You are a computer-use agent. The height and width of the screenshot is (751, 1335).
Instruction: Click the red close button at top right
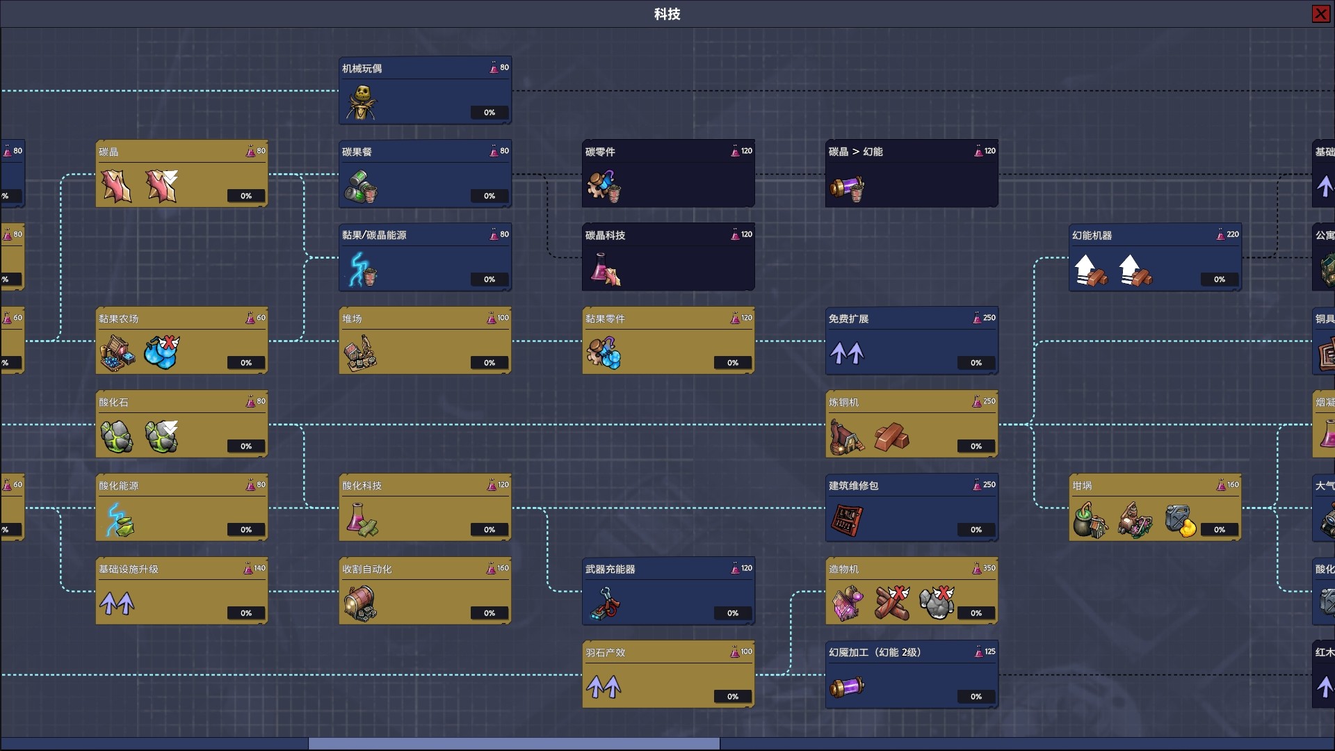pyautogui.click(x=1320, y=14)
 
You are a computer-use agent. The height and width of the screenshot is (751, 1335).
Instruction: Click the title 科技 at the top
pyautogui.click(x=667, y=14)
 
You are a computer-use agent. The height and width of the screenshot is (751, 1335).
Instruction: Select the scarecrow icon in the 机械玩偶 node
pyautogui.click(x=362, y=103)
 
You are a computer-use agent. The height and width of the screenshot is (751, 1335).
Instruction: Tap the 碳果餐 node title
pyautogui.click(x=357, y=152)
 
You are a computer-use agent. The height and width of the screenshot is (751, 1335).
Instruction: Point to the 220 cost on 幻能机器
pyautogui.click(x=1232, y=234)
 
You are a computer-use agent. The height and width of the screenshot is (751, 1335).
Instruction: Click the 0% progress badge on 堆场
pyautogui.click(x=489, y=362)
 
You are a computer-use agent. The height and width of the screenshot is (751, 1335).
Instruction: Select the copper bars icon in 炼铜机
pyautogui.click(x=892, y=437)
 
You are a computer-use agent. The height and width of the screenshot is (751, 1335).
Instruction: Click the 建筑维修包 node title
pyautogui.click(x=853, y=485)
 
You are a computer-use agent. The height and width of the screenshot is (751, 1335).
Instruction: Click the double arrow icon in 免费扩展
pyautogui.click(x=847, y=353)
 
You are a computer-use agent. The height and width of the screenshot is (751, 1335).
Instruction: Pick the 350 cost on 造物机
pyautogui.click(x=989, y=568)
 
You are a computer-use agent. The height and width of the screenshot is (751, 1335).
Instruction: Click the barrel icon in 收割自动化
pyautogui.click(x=360, y=603)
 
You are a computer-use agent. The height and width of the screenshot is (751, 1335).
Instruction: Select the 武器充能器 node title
pyautogui.click(x=610, y=569)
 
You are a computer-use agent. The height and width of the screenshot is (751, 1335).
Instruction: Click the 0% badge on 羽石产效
pyautogui.click(x=733, y=696)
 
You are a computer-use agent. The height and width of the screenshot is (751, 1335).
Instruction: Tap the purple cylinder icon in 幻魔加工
pyautogui.click(x=847, y=687)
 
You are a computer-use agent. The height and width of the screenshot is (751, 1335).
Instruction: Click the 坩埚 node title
pyautogui.click(x=1082, y=485)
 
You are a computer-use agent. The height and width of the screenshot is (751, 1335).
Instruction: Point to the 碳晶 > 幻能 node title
pyautogui.click(x=855, y=152)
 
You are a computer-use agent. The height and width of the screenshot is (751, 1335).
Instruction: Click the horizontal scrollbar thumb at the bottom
pyautogui.click(x=514, y=744)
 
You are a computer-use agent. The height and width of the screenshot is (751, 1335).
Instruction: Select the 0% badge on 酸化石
pyautogui.click(x=246, y=446)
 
